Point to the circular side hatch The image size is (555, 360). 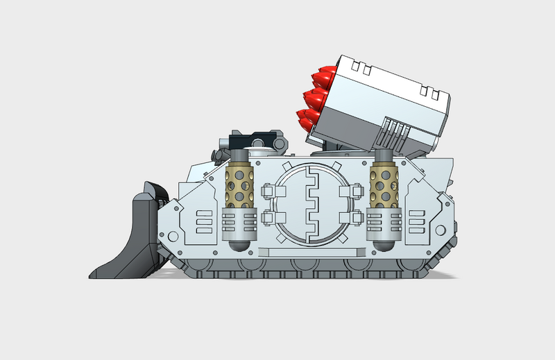point(310,205)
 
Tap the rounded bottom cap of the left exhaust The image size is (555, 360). point(237,244)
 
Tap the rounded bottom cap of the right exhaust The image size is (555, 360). point(382,244)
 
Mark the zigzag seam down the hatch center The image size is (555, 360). point(311,205)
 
